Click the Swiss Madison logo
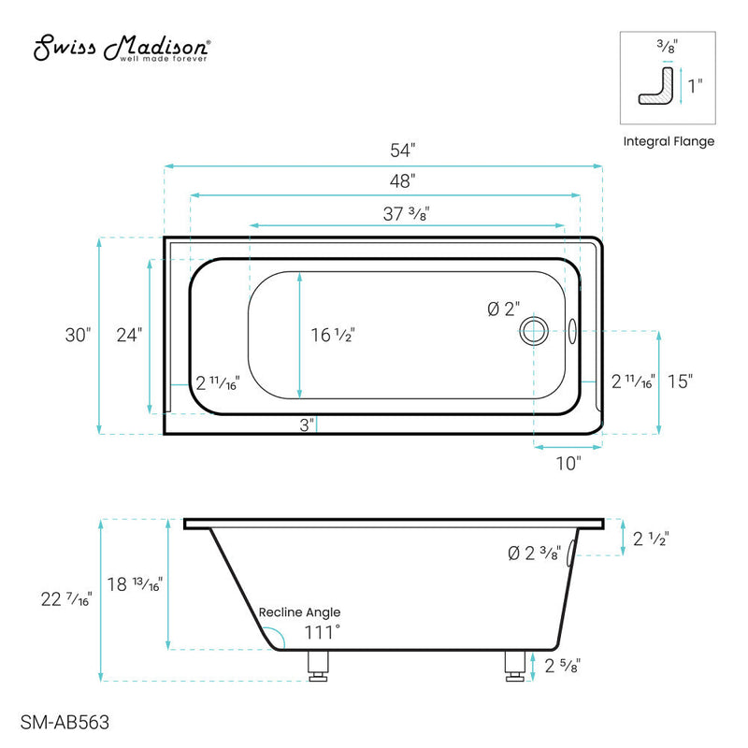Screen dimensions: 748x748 (122, 50)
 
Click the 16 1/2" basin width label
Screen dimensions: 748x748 (333, 335)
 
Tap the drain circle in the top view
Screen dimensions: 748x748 (535, 329)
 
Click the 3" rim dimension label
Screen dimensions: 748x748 (305, 425)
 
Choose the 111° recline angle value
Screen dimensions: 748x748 (321, 633)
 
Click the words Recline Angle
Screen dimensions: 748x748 (299, 612)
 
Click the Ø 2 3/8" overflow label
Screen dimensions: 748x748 (534, 554)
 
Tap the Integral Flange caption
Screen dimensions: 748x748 (669, 141)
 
